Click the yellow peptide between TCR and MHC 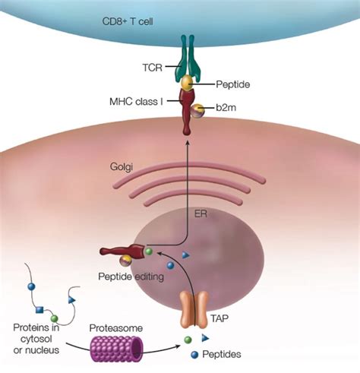point(185,82)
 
